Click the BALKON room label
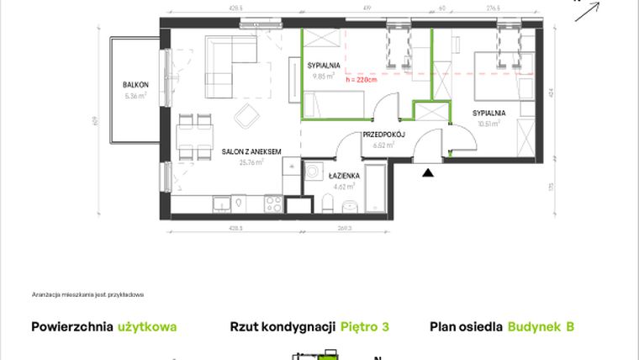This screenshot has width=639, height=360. pyautogui.click(x=135, y=84)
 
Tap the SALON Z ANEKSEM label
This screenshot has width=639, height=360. pyautogui.click(x=251, y=151)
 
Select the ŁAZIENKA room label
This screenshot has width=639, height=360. pyautogui.click(x=346, y=175)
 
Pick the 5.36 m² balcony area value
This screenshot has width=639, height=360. pyautogui.click(x=135, y=95)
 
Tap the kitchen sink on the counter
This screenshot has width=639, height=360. pyautogui.click(x=222, y=203)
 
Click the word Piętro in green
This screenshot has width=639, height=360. pyautogui.click(x=360, y=326)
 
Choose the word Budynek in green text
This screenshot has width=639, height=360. pyautogui.click(x=536, y=326)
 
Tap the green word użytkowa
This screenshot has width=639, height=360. pyautogui.click(x=148, y=326)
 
